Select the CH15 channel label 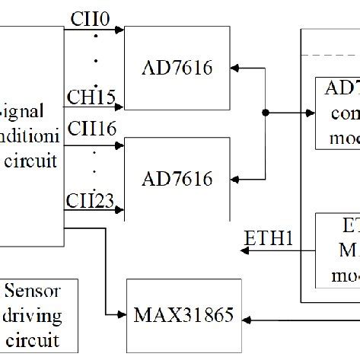(91, 97)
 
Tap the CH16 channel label (91, 129)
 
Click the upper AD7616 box (177, 67)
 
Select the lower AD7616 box (177, 178)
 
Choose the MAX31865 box (180, 314)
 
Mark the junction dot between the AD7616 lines (265, 113)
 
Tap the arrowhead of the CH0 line (119, 30)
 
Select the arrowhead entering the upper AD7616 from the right (234, 68)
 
